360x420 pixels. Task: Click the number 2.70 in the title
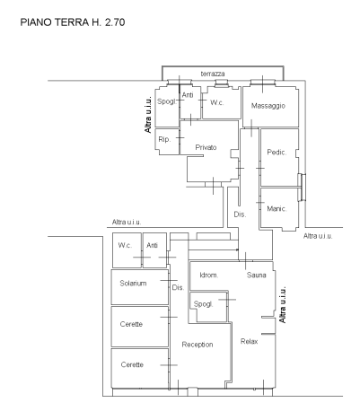(115, 22)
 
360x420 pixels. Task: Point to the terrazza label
(213, 74)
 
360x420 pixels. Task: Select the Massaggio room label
(268, 106)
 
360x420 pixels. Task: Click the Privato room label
(206, 147)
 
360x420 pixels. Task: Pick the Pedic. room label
(277, 153)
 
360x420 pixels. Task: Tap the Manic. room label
(277, 209)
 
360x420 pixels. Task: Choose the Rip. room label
(164, 139)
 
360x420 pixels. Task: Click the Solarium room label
(133, 284)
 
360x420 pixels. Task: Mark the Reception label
(198, 345)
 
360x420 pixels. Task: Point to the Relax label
(250, 341)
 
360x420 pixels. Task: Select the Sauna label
(257, 275)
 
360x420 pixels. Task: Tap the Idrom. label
(209, 275)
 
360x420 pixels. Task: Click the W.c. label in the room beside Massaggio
(217, 102)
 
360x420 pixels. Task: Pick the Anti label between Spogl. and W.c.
(188, 95)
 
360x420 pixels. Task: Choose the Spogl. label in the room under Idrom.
(203, 304)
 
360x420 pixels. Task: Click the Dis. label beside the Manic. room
(240, 214)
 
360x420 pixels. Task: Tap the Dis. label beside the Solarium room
(178, 287)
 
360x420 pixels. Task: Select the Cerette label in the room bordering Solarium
(131, 324)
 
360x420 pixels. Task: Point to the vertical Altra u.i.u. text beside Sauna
(283, 304)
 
